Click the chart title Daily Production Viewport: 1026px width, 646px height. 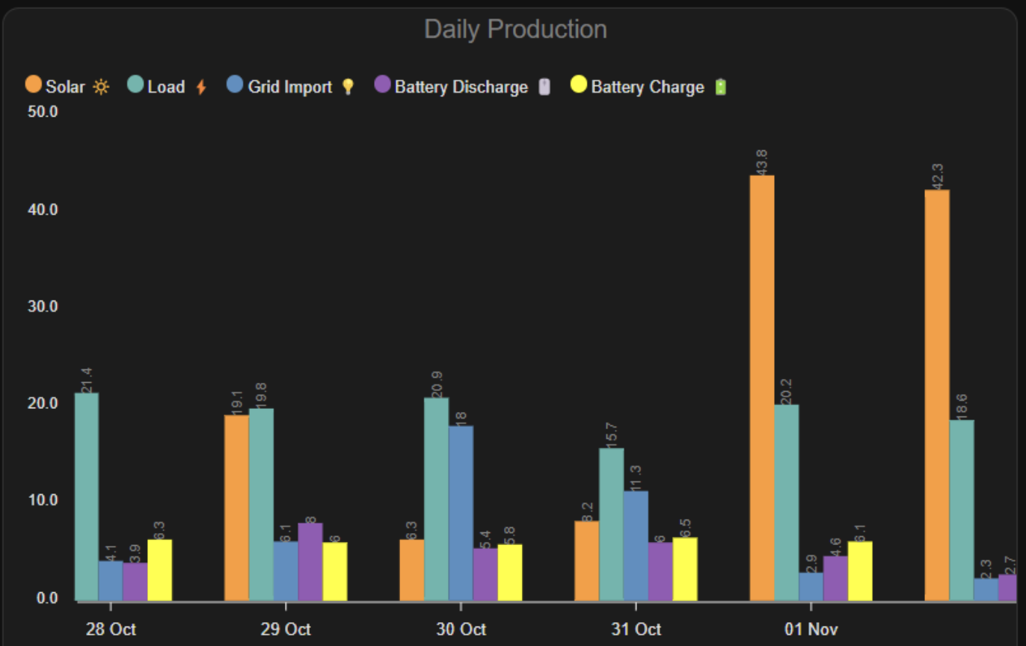coord(515,29)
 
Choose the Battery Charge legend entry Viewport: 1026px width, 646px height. coord(637,87)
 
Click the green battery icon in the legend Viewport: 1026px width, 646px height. coord(720,87)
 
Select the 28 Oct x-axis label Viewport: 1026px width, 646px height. coord(111,629)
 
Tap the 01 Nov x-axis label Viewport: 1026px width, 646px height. coord(811,629)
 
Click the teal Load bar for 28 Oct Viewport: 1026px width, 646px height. coord(86,496)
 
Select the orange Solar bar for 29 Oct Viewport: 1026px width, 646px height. coord(236,508)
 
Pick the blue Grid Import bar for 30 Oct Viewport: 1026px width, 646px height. coord(461,513)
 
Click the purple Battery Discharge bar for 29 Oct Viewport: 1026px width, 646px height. coord(310,562)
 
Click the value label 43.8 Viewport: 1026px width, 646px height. coord(761,162)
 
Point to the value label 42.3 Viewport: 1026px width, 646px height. coord(936,176)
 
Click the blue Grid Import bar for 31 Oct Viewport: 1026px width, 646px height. coord(636,545)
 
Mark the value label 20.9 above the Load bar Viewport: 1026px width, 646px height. coord(437,384)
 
